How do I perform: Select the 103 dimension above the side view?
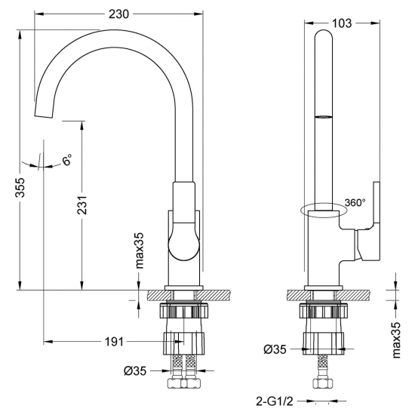point(342,23)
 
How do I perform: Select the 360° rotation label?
point(355,202)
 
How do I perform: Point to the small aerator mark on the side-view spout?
point(323,116)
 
